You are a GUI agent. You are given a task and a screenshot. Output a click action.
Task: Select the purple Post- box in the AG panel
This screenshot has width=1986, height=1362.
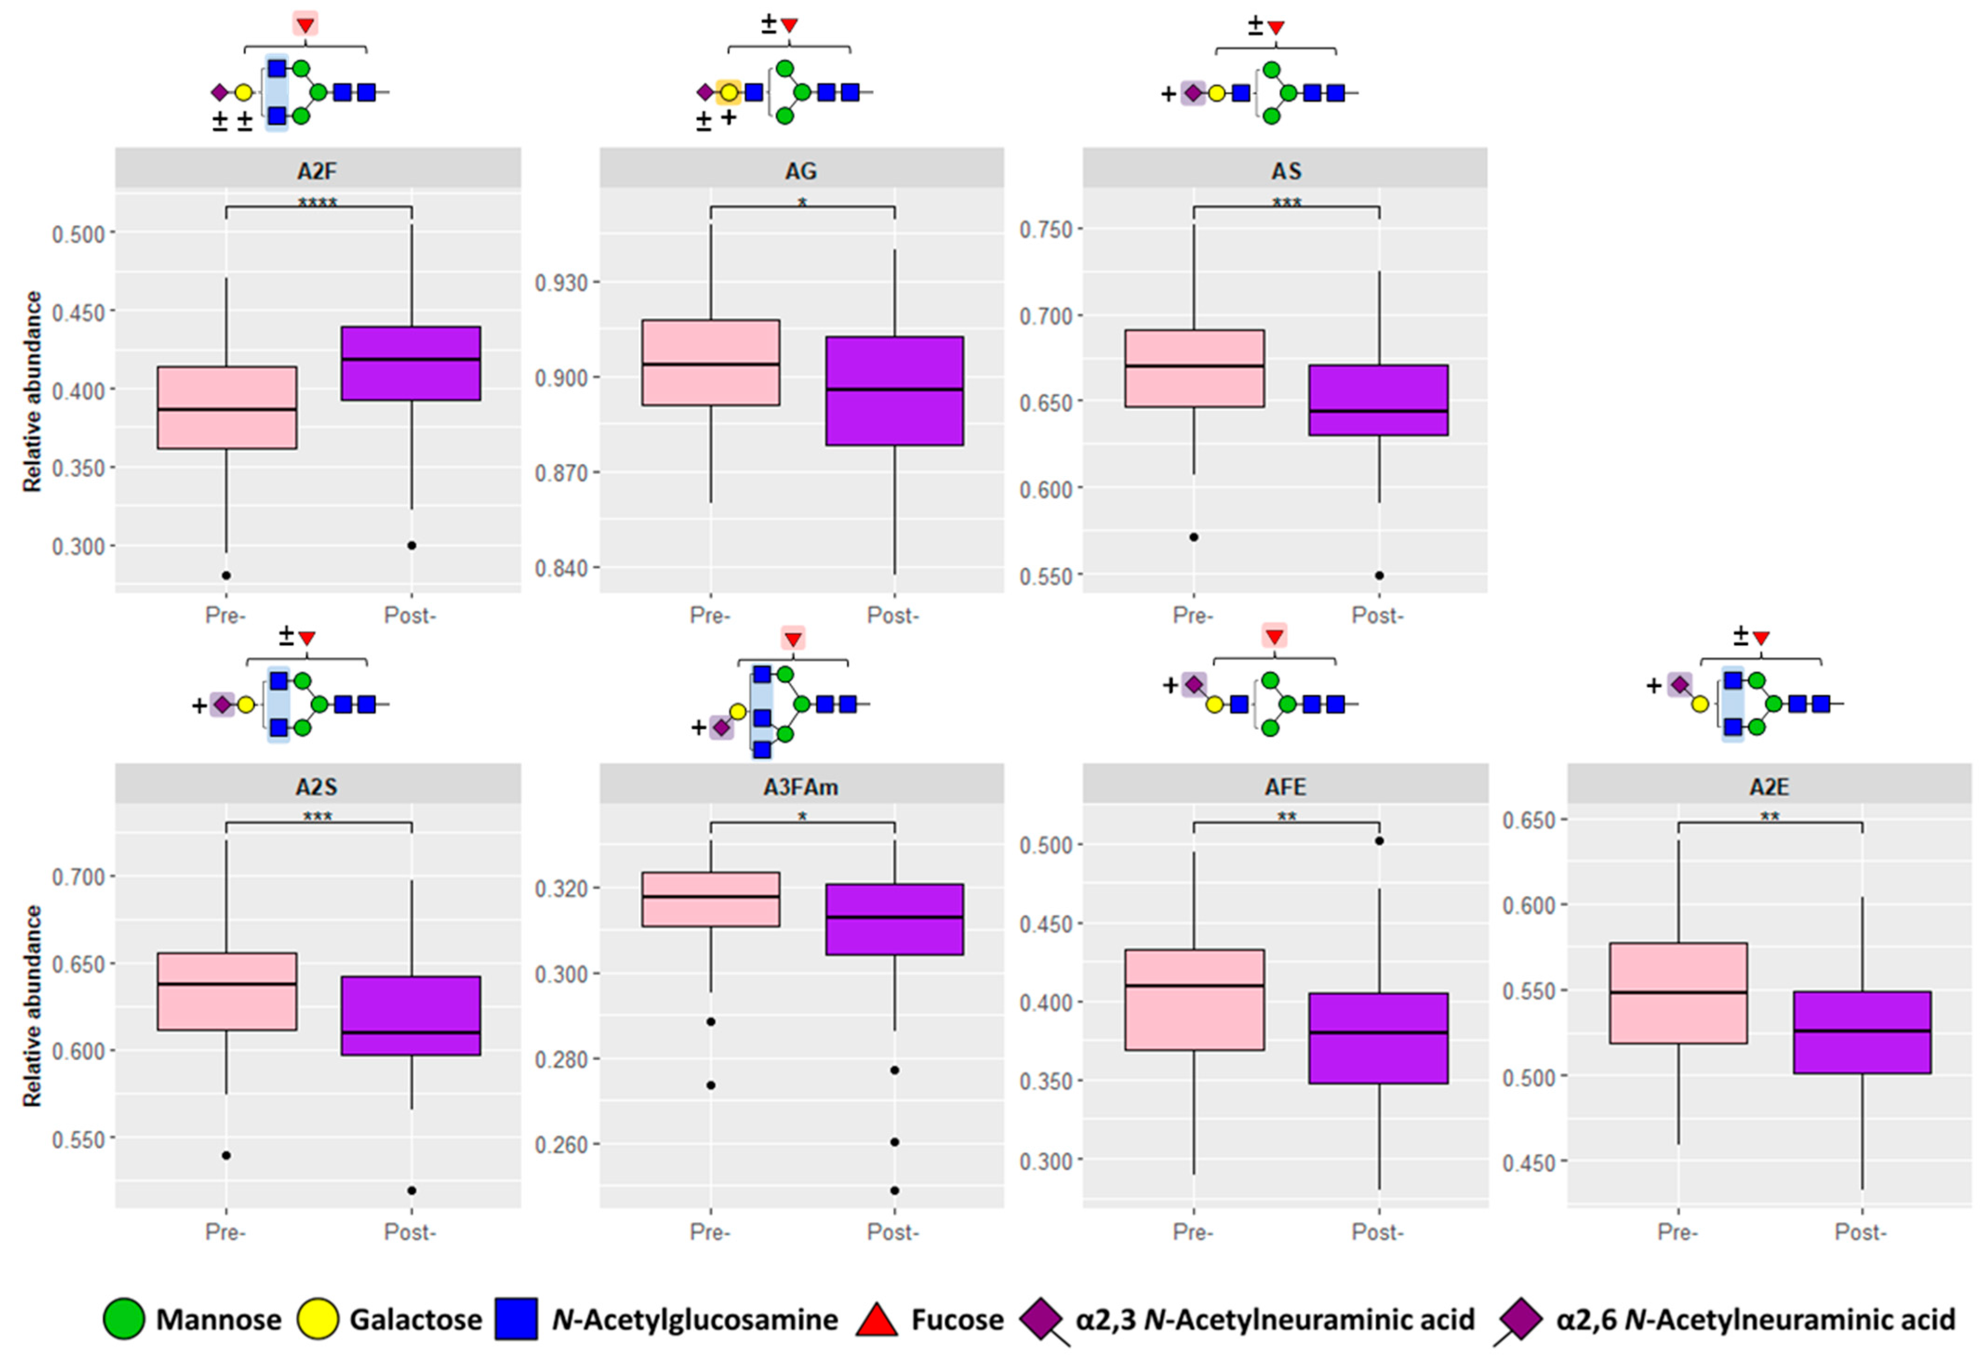pyautogui.click(x=895, y=390)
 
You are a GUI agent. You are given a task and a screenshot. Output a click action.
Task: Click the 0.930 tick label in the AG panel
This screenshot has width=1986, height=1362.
pyautogui.click(x=561, y=282)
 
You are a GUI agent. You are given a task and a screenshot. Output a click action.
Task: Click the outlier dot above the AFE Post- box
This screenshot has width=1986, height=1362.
pyautogui.click(x=1378, y=841)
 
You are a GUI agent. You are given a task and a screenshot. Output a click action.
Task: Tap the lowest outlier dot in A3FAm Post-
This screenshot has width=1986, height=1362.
pyautogui.click(x=895, y=1190)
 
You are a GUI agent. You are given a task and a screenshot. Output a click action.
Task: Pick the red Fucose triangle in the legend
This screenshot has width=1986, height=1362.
pyautogui.click(x=877, y=1319)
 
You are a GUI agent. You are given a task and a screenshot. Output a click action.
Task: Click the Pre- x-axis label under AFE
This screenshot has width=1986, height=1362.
pyautogui.click(x=1193, y=1232)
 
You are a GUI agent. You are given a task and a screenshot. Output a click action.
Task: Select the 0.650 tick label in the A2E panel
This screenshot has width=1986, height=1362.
pyautogui.click(x=1530, y=820)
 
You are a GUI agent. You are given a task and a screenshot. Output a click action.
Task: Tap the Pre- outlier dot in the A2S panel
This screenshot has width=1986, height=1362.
pyautogui.click(x=226, y=1155)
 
